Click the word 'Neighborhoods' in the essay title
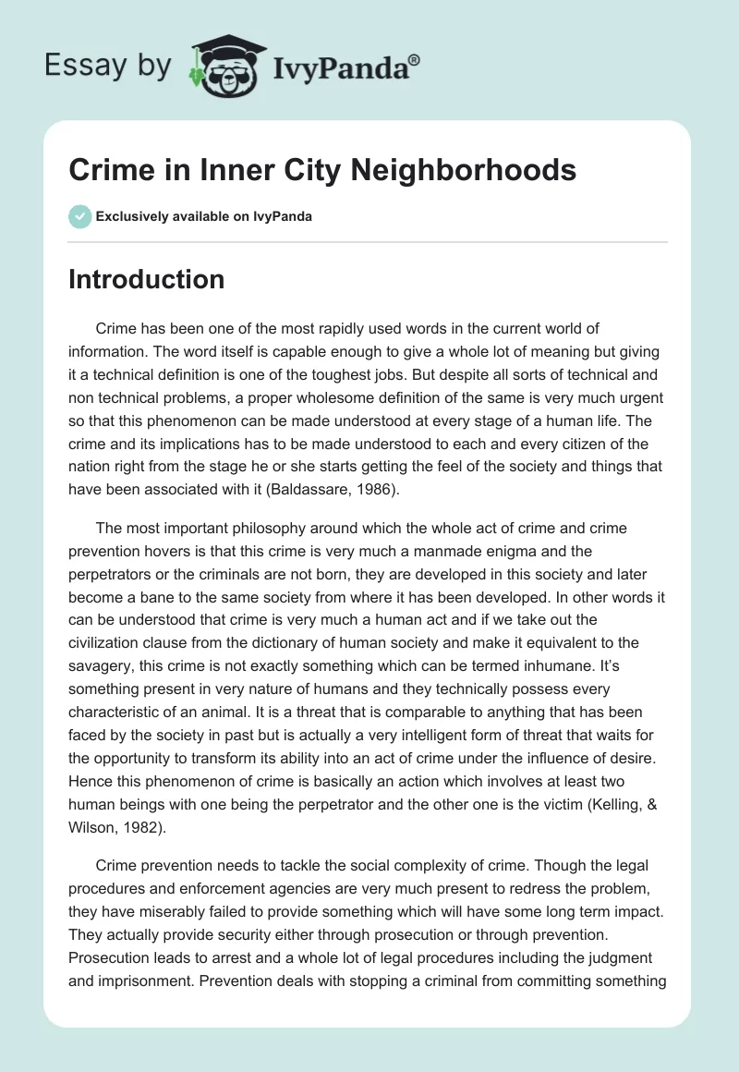(x=483, y=171)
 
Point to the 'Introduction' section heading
(x=146, y=279)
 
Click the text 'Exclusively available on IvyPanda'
(x=203, y=217)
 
